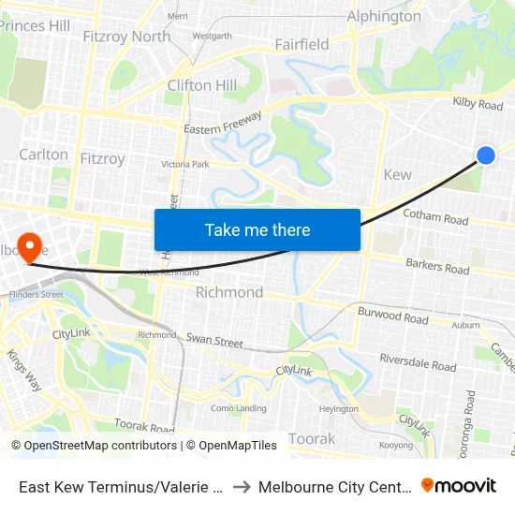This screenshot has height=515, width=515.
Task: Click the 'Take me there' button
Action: point(257,229)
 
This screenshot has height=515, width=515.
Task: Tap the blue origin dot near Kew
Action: point(486,155)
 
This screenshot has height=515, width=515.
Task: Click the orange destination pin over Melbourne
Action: point(30,247)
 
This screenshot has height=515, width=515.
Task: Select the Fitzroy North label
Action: point(126,37)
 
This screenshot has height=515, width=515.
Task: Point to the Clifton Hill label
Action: point(201,85)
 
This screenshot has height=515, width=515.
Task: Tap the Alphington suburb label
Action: point(384,16)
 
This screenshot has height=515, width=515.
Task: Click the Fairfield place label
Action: point(302,44)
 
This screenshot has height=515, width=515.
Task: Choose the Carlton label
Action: point(43,154)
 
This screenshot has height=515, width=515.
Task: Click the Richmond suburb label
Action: point(229,292)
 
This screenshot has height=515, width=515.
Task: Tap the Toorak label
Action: point(312,438)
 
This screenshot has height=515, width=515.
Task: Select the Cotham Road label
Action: point(434,219)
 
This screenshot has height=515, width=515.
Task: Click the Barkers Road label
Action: point(437,267)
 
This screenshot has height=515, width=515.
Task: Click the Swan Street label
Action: point(214,340)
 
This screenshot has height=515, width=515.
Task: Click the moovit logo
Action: point(458,485)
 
